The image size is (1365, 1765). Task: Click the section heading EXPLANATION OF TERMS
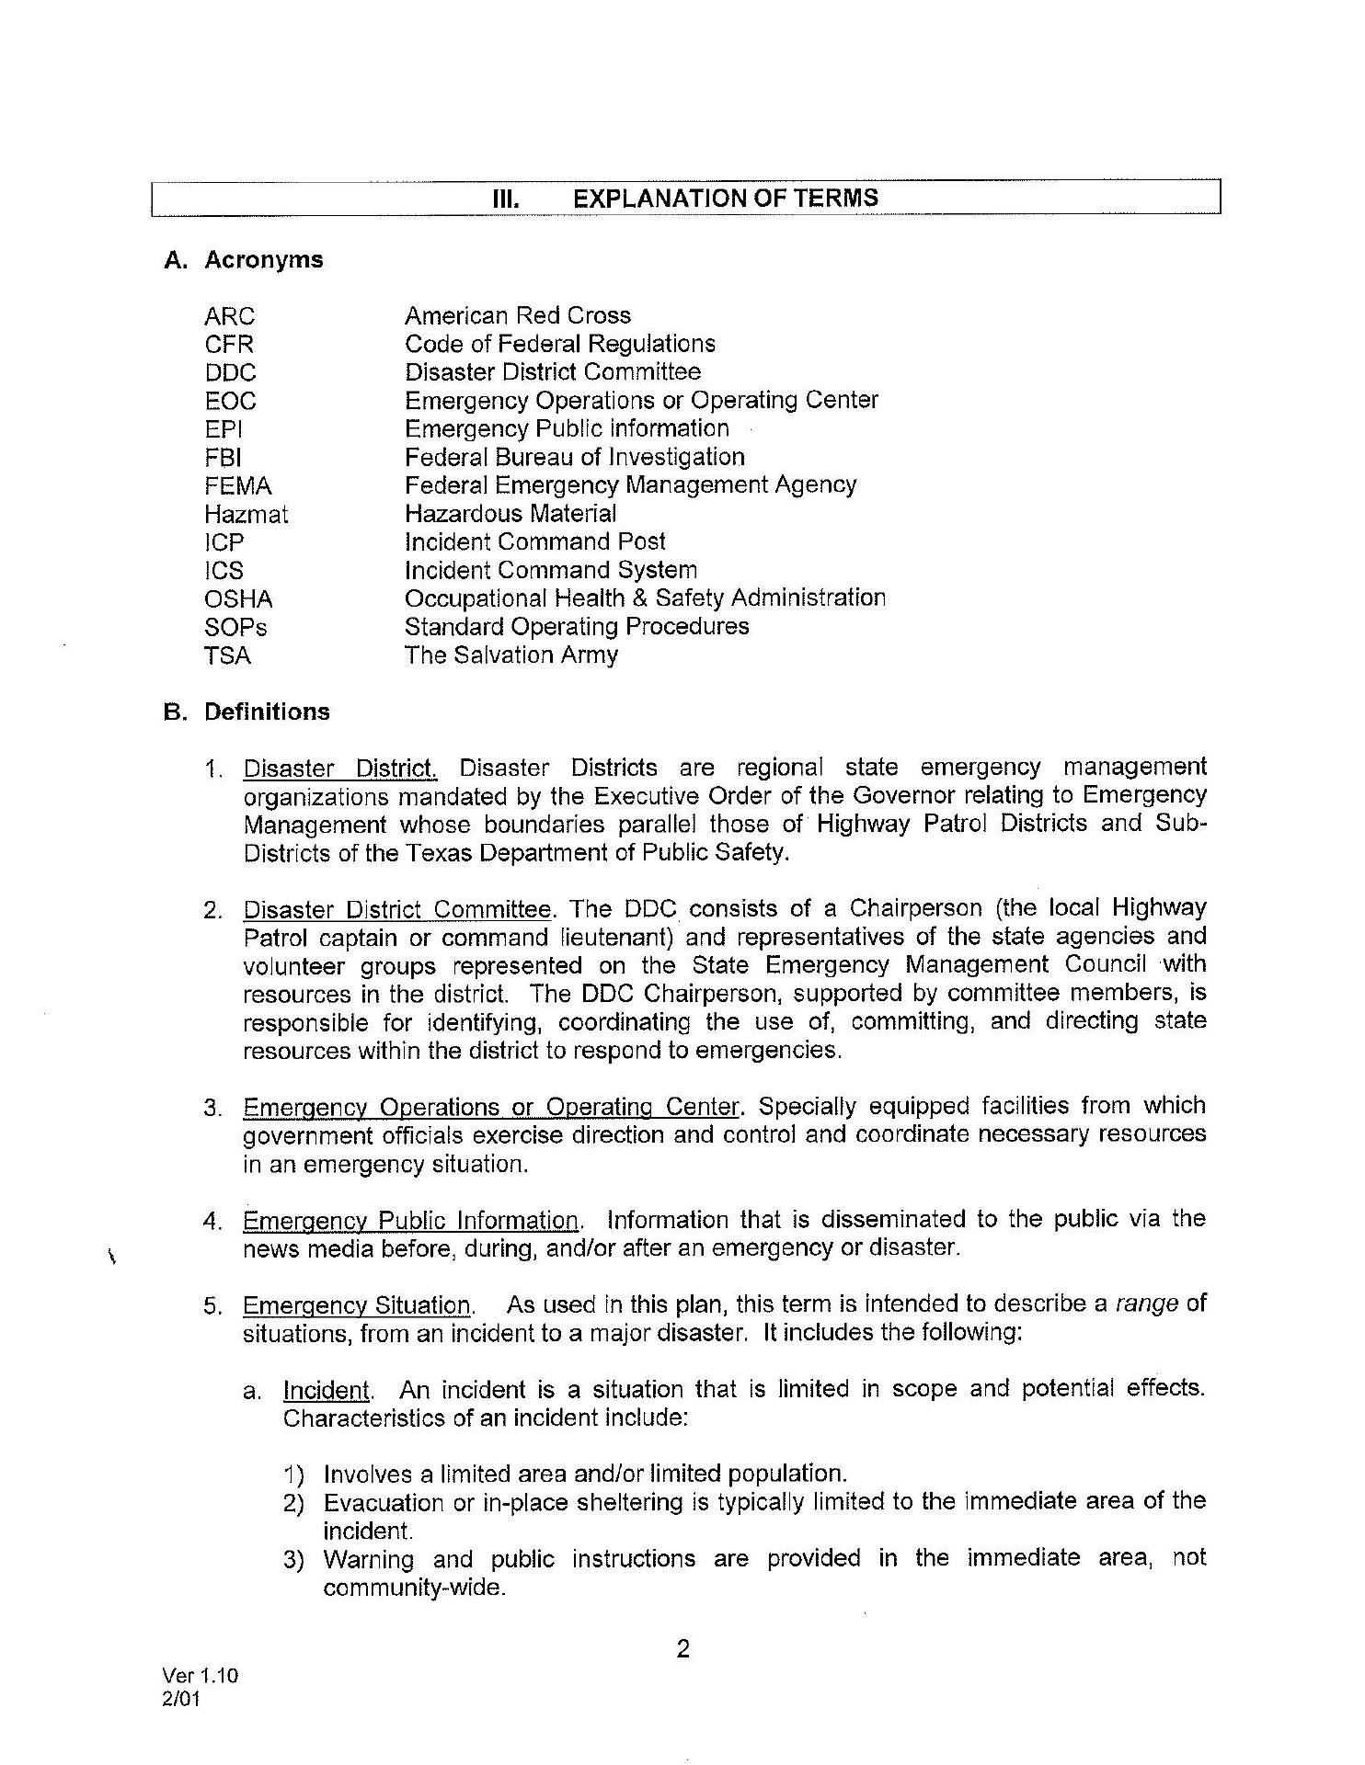pos(725,199)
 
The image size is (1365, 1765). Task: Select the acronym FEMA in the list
pos(237,485)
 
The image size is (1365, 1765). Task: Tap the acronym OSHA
pos(238,599)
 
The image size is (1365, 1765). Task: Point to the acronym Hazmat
pos(246,514)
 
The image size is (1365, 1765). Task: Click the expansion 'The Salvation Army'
pos(511,655)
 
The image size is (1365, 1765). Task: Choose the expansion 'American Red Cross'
pos(518,315)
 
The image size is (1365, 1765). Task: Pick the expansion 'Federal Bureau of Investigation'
pos(575,457)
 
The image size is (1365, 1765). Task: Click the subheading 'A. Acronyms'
pos(244,260)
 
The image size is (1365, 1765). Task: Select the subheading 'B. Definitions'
pos(247,712)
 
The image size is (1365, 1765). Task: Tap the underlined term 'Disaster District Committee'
pos(397,910)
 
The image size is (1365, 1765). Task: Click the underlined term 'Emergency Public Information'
pos(411,1221)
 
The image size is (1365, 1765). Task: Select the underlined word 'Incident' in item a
pos(326,1390)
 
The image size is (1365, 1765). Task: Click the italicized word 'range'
pos(1146,1304)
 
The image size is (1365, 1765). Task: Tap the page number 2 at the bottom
pos(682,1649)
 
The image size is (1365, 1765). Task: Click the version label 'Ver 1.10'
pos(200,1675)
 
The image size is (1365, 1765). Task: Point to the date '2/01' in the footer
pos(180,1698)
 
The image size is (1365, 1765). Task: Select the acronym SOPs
pos(235,628)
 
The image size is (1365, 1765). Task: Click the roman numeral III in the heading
pos(507,199)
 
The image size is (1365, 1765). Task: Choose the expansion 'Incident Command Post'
pos(534,541)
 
